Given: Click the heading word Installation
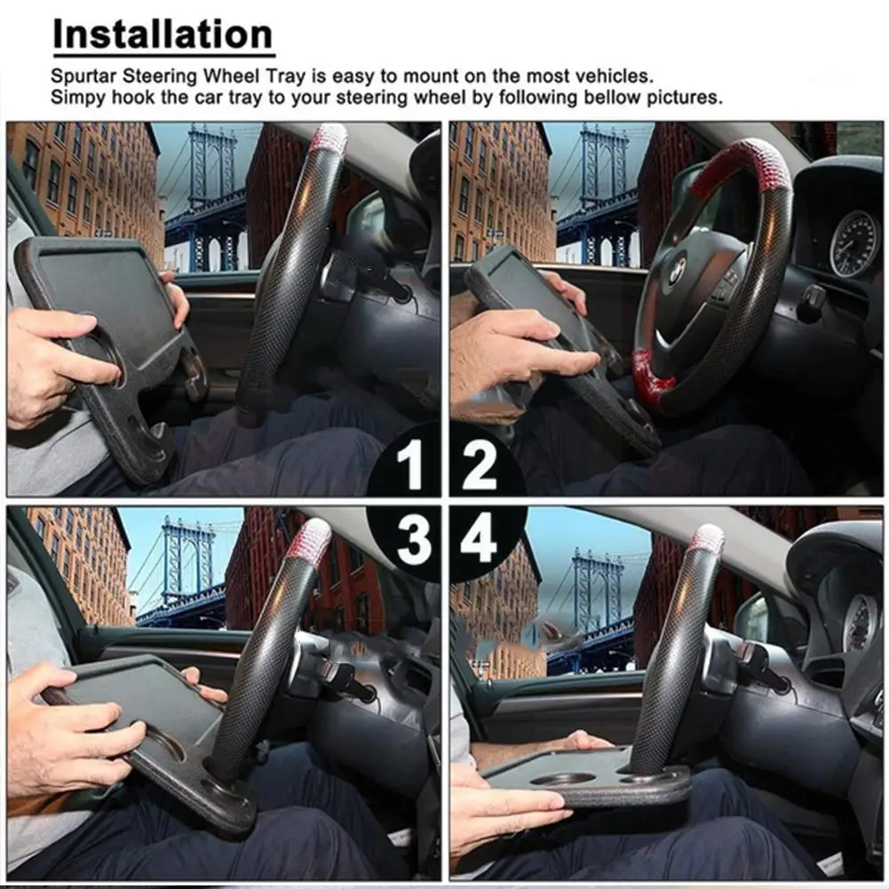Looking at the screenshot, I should [163, 36].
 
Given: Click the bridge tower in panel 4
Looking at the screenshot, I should [597, 591].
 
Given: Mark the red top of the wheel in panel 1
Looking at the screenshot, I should [329, 139].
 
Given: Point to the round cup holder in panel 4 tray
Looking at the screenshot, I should [565, 778].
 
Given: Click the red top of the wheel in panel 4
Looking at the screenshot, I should [706, 539].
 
